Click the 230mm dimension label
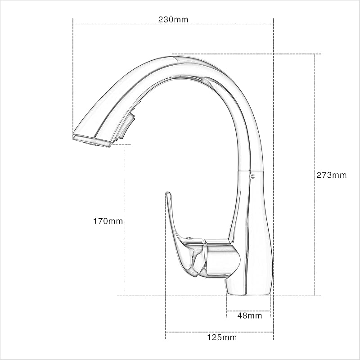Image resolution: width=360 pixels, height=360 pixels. coord(173,19)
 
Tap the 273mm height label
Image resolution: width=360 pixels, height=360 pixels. coord(332,175)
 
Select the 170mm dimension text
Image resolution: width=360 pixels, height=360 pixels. coord(108,221)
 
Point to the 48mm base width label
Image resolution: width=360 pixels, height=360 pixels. coord(250,315)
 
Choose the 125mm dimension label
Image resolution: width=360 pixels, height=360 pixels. coord(222,337)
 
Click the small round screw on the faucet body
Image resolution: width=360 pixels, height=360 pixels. coord(252,176)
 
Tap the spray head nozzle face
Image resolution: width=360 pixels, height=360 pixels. coord(92,141)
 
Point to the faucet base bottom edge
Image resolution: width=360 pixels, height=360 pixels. coord(248,295)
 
